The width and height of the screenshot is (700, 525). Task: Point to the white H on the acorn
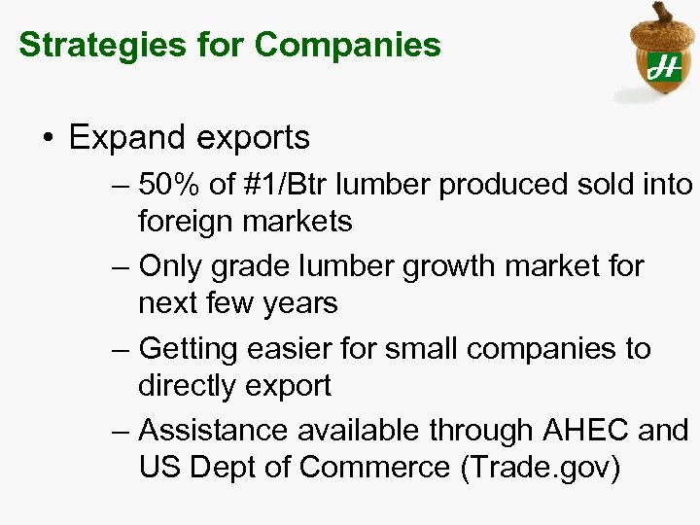pyautogui.click(x=663, y=66)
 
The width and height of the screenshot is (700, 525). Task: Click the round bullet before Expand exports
pyautogui.click(x=48, y=139)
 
